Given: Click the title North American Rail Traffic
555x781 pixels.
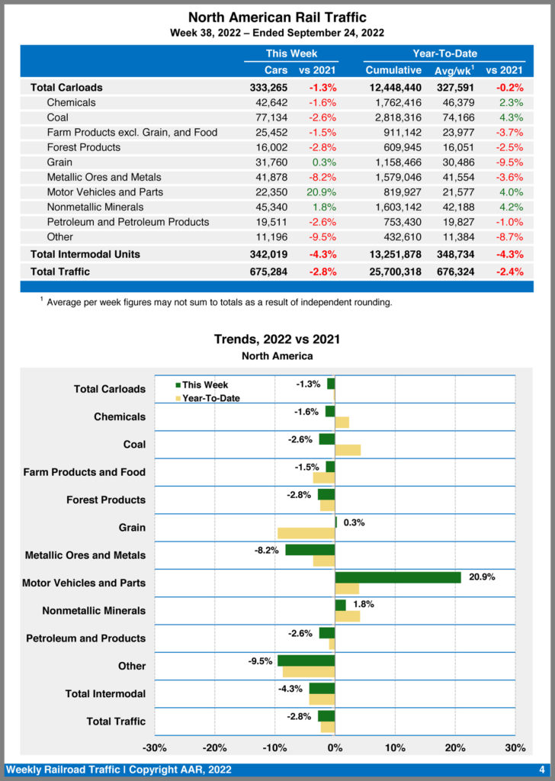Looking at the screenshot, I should (x=277, y=17).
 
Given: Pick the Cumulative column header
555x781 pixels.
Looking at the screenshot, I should (x=393, y=70).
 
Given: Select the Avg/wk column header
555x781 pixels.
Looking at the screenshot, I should (x=456, y=70).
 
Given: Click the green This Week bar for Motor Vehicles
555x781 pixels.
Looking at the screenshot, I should (x=398, y=577).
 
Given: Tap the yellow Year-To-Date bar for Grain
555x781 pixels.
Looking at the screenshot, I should (x=306, y=533).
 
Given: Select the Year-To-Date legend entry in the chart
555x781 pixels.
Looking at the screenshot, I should (x=210, y=397).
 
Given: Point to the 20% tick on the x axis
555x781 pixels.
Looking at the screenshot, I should (x=455, y=747).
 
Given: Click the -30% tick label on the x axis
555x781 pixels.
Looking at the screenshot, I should (x=155, y=747).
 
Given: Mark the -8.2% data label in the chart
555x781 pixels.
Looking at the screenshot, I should (x=267, y=550).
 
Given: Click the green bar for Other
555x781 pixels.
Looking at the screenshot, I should (x=306, y=660).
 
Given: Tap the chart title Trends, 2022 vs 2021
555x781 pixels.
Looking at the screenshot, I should (x=277, y=339).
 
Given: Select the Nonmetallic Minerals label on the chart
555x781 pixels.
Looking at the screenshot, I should (x=94, y=611).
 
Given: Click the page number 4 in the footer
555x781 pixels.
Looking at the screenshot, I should (x=541, y=770).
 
